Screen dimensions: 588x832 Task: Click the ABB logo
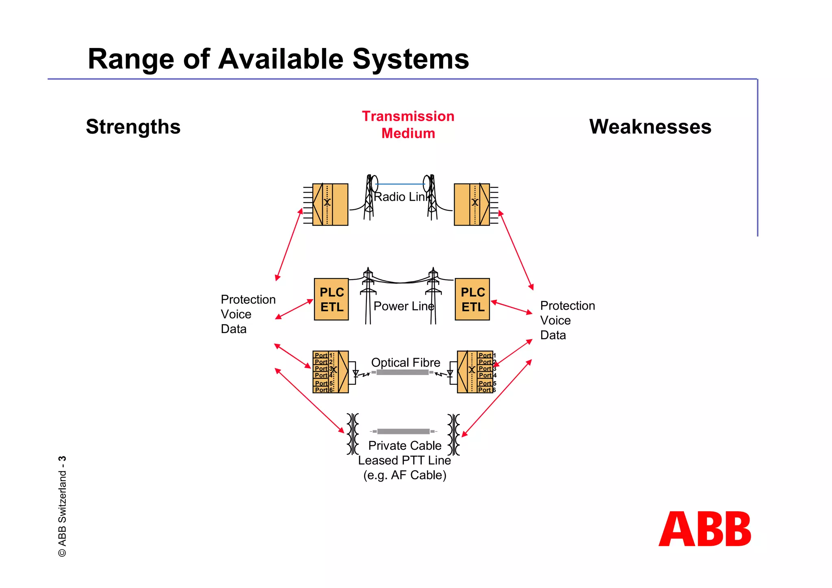[705, 529]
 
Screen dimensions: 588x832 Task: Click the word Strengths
[133, 127]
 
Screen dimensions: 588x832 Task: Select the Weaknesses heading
[650, 127]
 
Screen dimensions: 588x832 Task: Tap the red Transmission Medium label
[408, 125]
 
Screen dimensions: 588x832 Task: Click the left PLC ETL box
[331, 299]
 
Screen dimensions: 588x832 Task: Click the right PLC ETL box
[472, 299]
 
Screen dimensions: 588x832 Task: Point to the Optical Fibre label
[405, 362]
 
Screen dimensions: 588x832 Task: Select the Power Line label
[403, 306]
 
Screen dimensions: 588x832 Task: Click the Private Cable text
[405, 445]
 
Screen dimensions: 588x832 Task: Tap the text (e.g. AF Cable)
[405, 475]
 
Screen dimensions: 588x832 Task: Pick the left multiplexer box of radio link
[330, 204]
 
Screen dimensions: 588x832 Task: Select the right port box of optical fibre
[475, 372]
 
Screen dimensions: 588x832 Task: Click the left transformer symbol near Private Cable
[353, 434]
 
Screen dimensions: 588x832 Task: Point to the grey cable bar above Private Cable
[403, 431]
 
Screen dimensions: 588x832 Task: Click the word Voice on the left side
[236, 314]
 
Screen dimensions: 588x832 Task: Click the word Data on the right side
[553, 335]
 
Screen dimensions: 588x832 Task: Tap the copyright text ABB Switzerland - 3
[62, 506]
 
